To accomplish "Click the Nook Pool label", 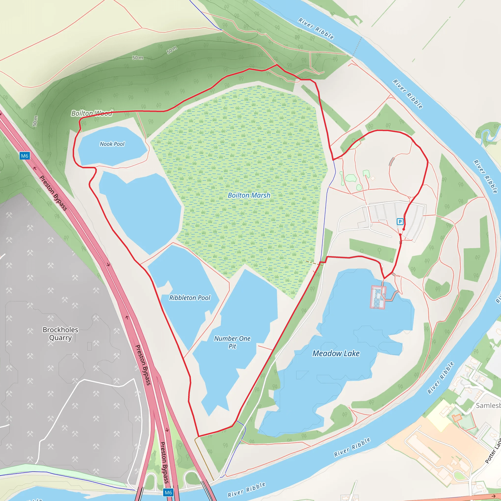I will (112, 144).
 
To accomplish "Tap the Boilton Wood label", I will (92, 113).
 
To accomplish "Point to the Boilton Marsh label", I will (249, 195).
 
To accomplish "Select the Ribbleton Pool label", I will (190, 298).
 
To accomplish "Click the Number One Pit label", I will (232, 342).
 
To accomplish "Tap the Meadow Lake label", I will (336, 353).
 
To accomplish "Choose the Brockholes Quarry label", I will (60, 333).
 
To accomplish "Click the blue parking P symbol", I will (400, 221).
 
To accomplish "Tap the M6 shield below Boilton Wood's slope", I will (25, 156).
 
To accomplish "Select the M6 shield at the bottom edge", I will (168, 492).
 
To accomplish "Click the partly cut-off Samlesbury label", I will (488, 405).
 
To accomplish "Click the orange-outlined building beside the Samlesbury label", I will (457, 418).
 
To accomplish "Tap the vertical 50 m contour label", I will (35, 121).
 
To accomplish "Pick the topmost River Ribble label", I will (316, 29).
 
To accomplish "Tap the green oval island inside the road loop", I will (351, 178).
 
